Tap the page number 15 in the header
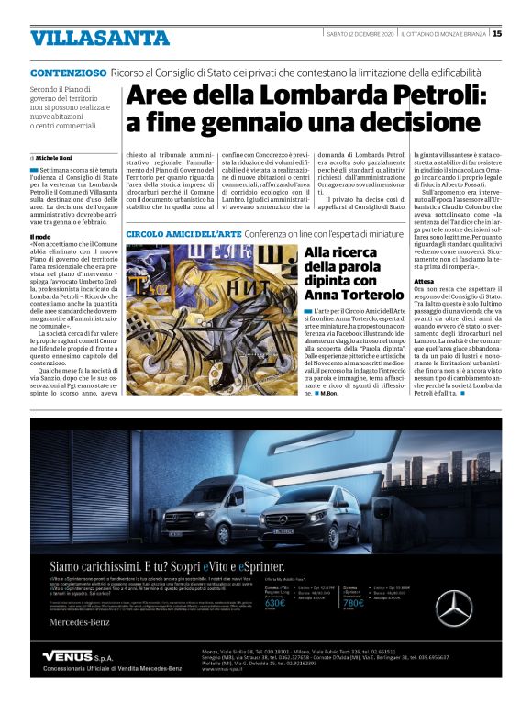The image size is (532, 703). click(x=496, y=34)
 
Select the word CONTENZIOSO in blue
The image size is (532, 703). click(x=68, y=73)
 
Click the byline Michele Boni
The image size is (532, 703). click(x=54, y=158)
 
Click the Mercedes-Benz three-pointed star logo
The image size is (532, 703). click(x=477, y=608)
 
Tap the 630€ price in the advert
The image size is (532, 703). click(x=275, y=603)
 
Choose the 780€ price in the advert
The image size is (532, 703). click(x=353, y=603)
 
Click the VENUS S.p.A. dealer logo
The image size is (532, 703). click(x=78, y=657)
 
